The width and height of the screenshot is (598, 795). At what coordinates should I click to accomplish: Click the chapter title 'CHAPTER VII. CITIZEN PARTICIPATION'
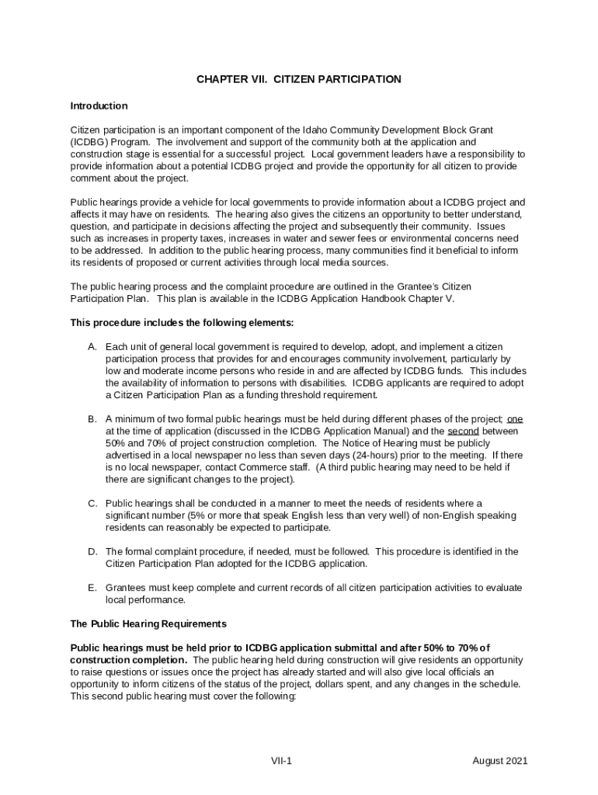298,79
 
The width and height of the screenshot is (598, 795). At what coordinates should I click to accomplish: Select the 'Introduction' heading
99,106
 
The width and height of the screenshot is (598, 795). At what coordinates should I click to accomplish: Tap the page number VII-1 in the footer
281,761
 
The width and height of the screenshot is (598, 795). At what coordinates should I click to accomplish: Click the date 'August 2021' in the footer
500,761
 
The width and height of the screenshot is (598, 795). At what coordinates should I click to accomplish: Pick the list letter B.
91,419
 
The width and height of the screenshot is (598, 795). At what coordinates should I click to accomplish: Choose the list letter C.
91,503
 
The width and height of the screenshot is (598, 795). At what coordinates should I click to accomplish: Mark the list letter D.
91,552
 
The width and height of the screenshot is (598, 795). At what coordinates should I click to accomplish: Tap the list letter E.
91,588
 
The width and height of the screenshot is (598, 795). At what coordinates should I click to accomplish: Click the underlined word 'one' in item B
515,419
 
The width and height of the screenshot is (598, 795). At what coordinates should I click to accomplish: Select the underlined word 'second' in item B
463,431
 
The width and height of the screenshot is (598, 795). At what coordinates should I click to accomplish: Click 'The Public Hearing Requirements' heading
148,623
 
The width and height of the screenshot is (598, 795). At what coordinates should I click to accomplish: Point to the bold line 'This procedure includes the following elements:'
182,322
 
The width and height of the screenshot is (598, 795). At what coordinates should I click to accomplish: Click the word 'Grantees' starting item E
127,588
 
